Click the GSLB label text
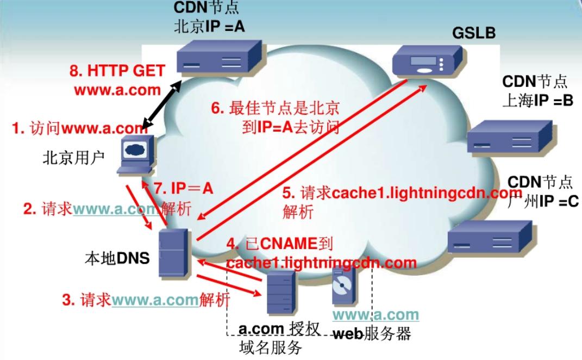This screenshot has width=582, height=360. tap(474, 33)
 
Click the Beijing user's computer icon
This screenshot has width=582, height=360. tap(135, 155)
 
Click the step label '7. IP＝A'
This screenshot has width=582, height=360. tap(184, 189)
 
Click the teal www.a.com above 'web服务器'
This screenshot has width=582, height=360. tap(376, 315)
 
